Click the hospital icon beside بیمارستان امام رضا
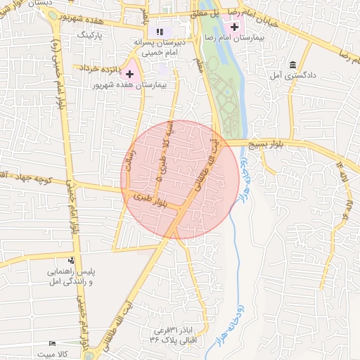(x=234, y=26)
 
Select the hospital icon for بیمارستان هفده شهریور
(x=129, y=73)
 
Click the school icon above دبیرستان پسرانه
(x=160, y=32)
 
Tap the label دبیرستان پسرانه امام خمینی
(x=160, y=47)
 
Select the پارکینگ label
(x=89, y=33)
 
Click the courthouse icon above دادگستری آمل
(x=292, y=65)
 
